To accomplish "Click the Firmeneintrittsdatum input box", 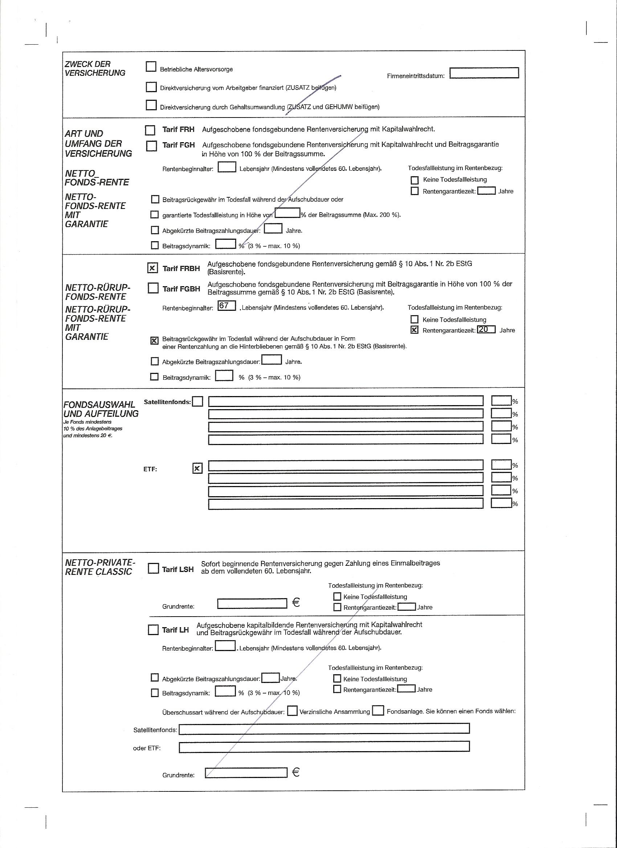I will click(x=484, y=73).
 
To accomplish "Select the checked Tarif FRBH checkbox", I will click(x=152, y=268).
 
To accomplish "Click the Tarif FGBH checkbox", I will click(x=153, y=288).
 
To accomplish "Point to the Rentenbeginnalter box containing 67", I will click(x=226, y=305).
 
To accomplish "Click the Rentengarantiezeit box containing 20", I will click(x=486, y=329).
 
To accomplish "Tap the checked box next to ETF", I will click(x=197, y=468).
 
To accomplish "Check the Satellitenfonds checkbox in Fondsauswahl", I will click(x=197, y=402).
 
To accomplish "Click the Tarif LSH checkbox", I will click(x=153, y=568).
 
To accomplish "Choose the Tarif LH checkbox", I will click(x=153, y=630).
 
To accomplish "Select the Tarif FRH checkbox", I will click(x=150, y=130).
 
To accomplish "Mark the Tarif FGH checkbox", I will click(x=152, y=146).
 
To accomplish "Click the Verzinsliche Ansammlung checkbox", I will click(x=292, y=711).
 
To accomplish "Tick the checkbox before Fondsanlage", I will click(x=378, y=711).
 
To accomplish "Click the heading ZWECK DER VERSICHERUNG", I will click(x=95, y=69).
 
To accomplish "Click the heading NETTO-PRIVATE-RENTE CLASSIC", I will click(x=99, y=567).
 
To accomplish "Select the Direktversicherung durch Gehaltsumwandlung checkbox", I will click(x=151, y=106).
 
